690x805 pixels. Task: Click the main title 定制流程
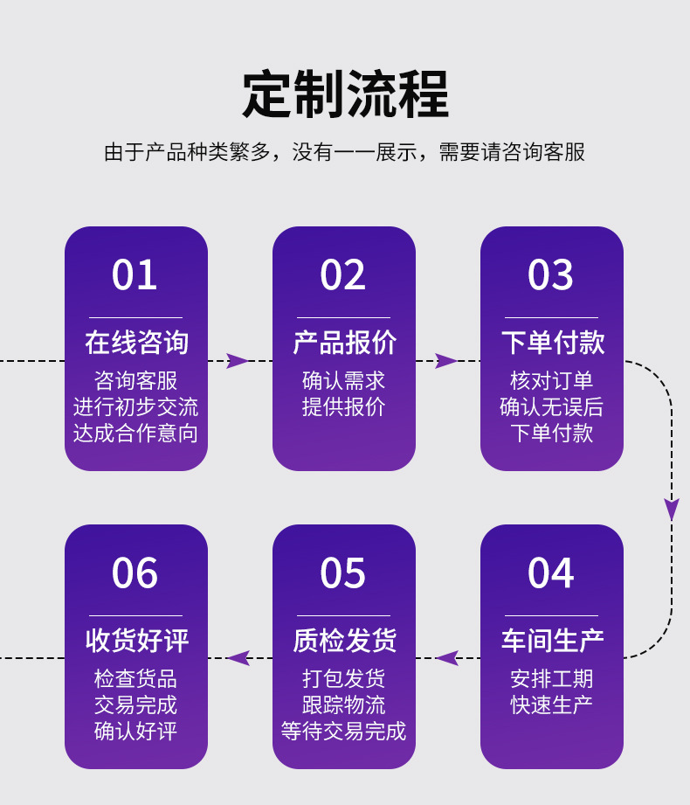(345, 94)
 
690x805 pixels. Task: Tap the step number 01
(135, 275)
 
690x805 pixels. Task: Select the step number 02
(342, 275)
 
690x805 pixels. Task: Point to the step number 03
(550, 275)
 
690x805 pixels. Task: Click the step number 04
(550, 574)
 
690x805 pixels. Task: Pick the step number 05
(342, 574)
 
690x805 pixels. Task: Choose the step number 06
(135, 574)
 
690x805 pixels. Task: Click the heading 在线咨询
(136, 343)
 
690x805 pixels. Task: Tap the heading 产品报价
(344, 343)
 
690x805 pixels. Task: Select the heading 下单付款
(552, 343)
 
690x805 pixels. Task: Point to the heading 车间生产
(552, 641)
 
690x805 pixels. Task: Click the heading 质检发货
(344, 641)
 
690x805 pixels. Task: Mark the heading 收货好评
(136, 641)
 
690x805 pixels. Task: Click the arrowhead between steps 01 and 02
(238, 361)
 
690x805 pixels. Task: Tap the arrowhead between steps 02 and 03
(445, 361)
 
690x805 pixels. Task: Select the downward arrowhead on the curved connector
(671, 509)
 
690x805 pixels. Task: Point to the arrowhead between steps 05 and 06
(238, 658)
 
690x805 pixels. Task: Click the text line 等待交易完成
(343, 731)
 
